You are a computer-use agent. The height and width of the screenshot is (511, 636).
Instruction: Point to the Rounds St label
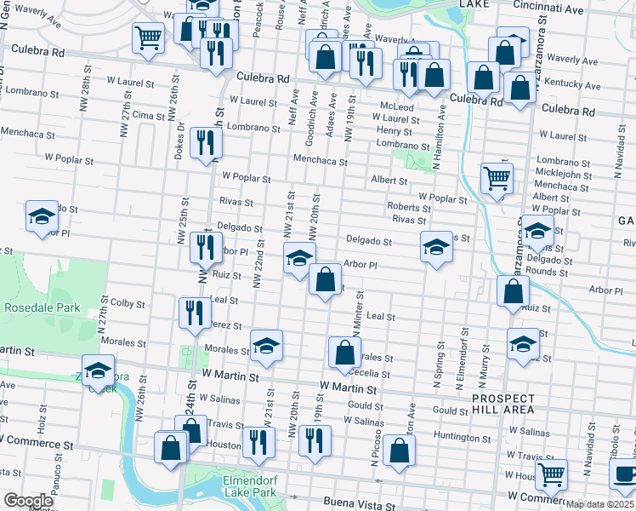coord(547,273)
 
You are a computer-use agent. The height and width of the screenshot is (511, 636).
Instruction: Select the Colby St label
coord(128,302)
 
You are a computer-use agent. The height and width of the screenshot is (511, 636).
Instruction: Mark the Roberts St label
coord(403,207)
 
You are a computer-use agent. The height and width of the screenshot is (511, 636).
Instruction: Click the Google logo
coord(27,501)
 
